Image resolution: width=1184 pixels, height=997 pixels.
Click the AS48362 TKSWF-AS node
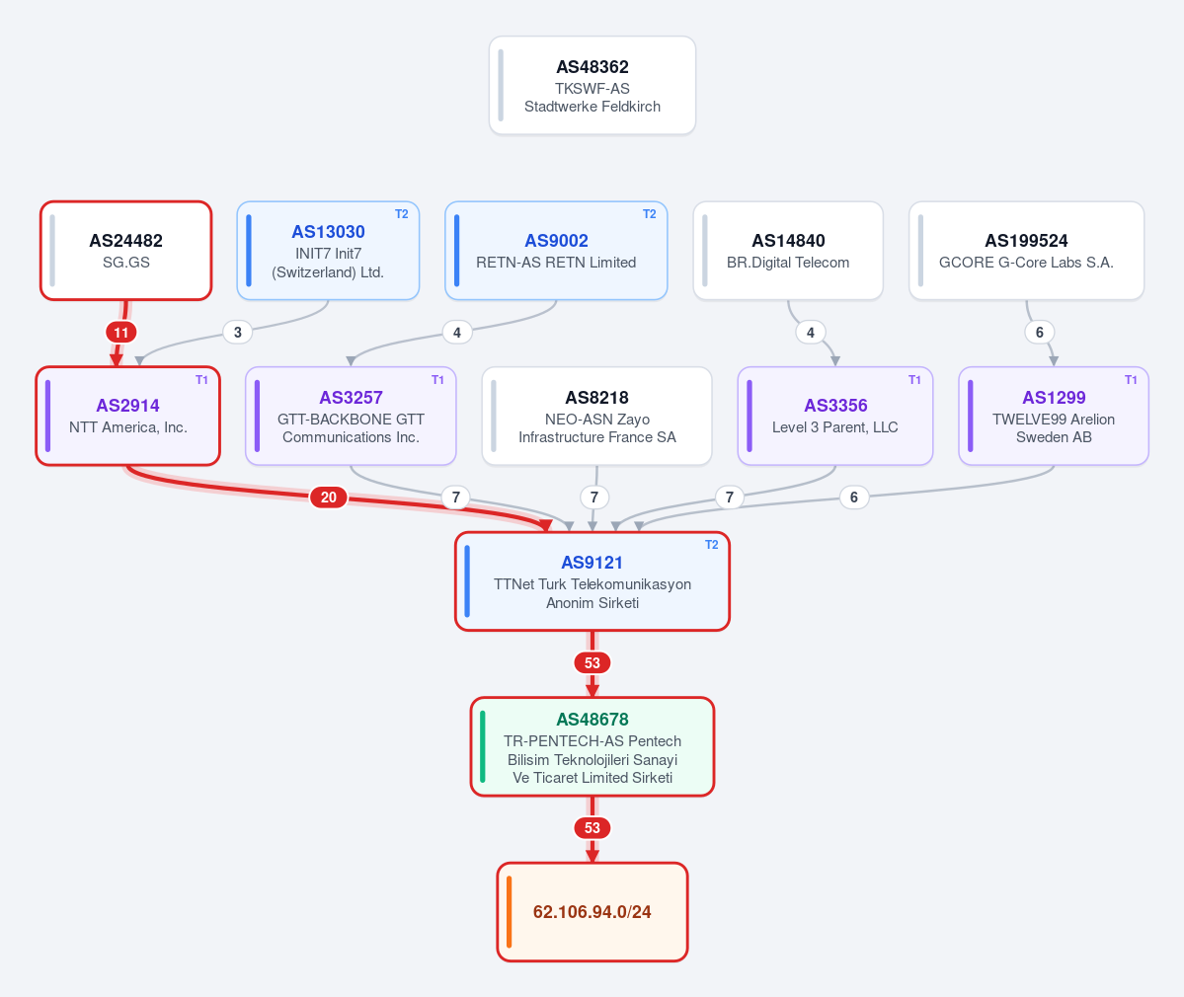592,85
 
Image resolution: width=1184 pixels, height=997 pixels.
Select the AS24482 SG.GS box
126,251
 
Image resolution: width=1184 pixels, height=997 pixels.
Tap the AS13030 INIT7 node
328,251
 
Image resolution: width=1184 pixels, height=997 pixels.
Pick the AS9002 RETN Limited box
556,251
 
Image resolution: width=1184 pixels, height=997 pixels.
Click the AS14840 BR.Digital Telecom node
788,251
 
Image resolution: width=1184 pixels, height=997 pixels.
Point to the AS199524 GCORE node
1026,251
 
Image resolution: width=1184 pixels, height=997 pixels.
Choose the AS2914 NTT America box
128,416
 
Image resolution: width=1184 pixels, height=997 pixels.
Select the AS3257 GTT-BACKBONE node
352,416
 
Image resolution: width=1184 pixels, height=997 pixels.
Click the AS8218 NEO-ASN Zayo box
596,416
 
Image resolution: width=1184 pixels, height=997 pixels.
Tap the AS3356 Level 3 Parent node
835,416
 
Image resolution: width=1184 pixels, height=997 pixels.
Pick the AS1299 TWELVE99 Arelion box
1054,416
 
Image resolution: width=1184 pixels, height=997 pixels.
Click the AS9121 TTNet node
592,581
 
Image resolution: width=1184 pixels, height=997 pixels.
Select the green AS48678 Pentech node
592,746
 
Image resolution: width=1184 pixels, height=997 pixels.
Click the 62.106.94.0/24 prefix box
592,912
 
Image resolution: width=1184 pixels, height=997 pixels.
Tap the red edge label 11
120,332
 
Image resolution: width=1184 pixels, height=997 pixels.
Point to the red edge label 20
329,498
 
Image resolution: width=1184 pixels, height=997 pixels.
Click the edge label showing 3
238,332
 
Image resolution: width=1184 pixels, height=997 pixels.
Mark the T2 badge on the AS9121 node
711,545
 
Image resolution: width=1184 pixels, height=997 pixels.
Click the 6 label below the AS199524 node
1040,332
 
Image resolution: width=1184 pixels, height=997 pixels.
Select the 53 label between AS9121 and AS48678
592,662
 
